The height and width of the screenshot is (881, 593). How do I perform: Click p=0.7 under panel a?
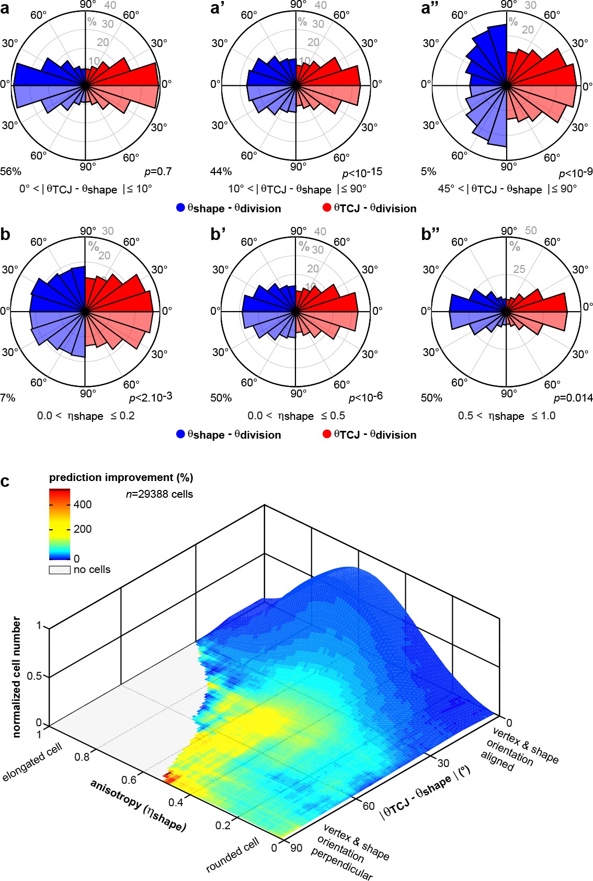[157, 171]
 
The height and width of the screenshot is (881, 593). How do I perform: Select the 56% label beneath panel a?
[10, 171]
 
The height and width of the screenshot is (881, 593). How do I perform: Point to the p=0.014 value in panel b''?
[573, 398]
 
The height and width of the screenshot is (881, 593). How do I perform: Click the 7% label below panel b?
[8, 398]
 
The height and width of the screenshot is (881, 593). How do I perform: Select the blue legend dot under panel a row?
[180, 208]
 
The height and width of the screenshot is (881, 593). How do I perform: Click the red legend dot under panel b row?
[327, 434]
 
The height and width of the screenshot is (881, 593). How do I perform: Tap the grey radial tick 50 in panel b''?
[531, 231]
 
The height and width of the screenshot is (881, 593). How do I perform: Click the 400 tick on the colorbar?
[82, 505]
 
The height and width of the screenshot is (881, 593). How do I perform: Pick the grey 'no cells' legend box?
[60, 570]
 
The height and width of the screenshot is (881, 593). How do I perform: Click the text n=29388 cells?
[159, 494]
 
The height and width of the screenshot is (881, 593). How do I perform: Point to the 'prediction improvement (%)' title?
[121, 477]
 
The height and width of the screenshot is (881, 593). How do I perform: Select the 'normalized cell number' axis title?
[16, 677]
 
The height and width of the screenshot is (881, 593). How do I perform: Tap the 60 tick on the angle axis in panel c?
[369, 806]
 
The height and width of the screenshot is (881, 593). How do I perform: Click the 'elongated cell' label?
[32, 762]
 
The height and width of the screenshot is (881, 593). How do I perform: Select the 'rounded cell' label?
[232, 855]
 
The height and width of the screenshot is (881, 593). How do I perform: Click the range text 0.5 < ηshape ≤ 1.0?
[506, 416]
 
